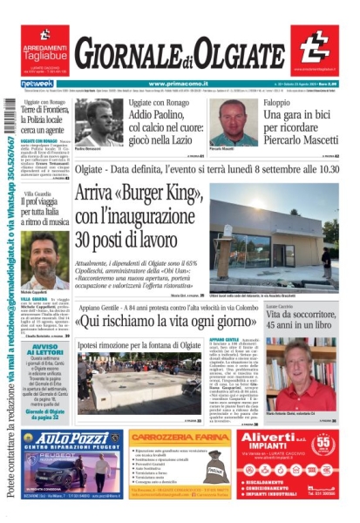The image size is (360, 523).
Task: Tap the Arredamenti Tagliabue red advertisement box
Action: pyautogui.click(x=44, y=50)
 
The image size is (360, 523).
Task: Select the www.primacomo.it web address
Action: pyautogui.click(x=180, y=84)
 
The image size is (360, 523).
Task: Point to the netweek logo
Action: pyautogui.click(x=37, y=84)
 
